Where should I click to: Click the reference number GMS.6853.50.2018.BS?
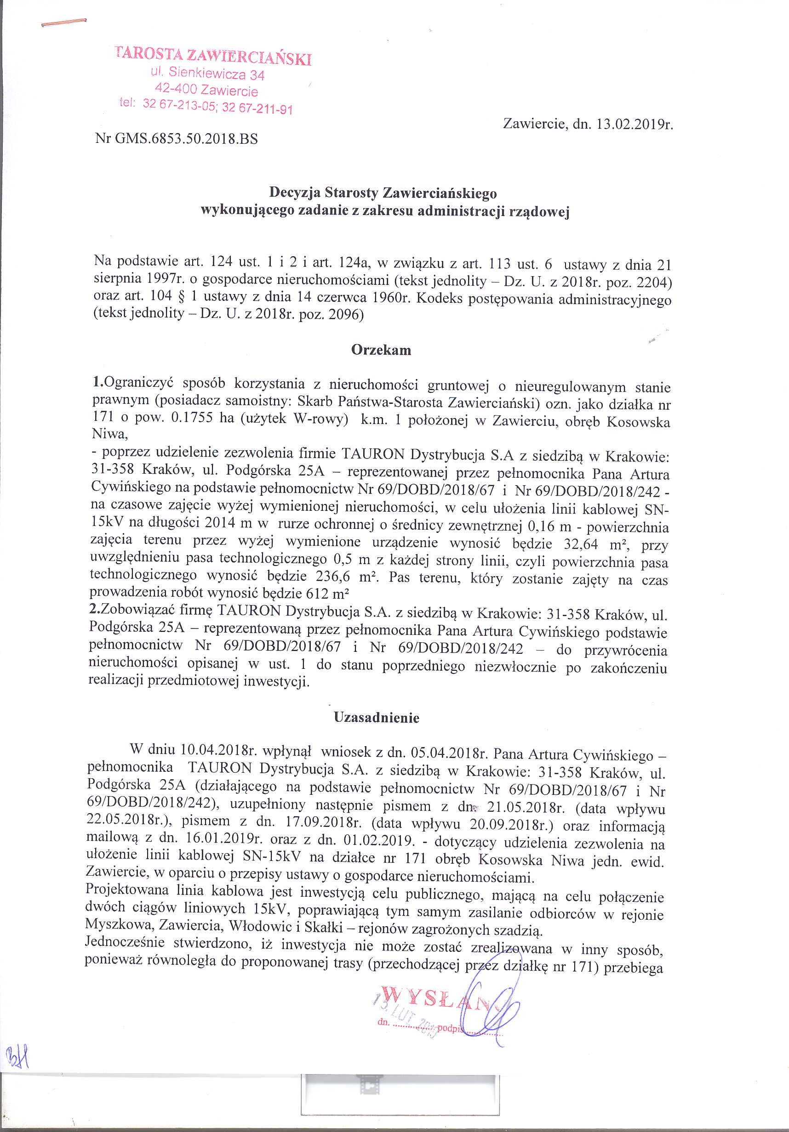click(x=185, y=139)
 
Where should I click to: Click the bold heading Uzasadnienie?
click(x=377, y=717)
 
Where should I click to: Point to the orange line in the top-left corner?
click(x=64, y=23)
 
